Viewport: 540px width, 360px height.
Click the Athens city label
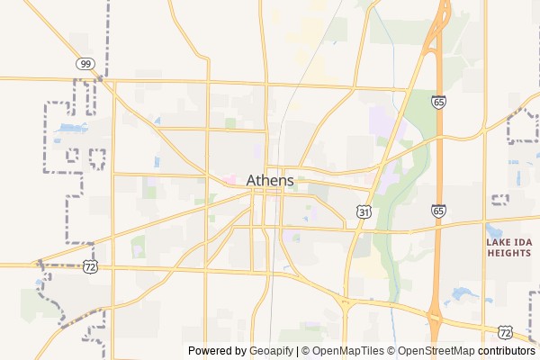[269, 180]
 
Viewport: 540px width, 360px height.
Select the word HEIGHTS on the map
[509, 254]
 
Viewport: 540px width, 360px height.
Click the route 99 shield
[85, 64]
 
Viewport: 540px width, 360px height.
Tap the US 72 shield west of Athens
[89, 267]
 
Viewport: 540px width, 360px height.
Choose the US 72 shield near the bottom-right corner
[505, 332]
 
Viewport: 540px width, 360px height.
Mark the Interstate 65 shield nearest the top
[437, 103]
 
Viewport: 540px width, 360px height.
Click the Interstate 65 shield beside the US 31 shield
[437, 211]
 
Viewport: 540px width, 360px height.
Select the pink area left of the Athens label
[230, 180]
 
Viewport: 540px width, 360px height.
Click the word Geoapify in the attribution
[272, 351]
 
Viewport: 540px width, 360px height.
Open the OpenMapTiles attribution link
[347, 351]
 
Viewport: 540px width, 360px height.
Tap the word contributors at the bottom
[507, 351]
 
